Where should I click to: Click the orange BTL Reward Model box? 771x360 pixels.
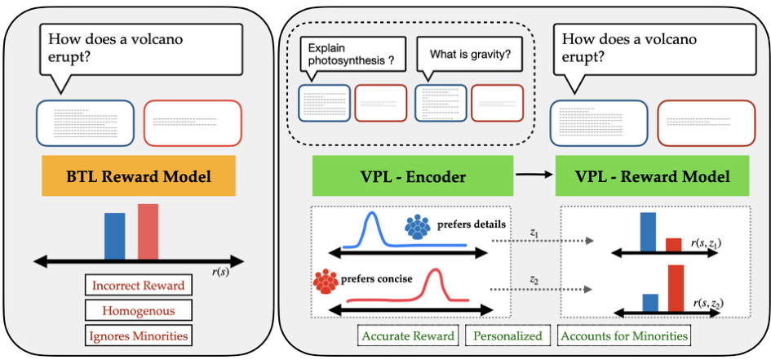pyautogui.click(x=138, y=176)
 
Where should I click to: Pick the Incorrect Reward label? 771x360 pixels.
pyautogui.click(x=138, y=286)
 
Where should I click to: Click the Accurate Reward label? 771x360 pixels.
pyautogui.click(x=397, y=336)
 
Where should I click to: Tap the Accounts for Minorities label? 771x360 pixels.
pyautogui.click(x=624, y=336)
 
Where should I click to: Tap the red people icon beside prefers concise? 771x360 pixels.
pyautogui.click(x=326, y=282)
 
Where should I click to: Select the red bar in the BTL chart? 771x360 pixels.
pyautogui.click(x=148, y=232)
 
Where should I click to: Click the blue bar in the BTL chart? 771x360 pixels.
pyautogui.click(x=115, y=236)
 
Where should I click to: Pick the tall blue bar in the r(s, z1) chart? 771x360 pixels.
pyautogui.click(x=648, y=231)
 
